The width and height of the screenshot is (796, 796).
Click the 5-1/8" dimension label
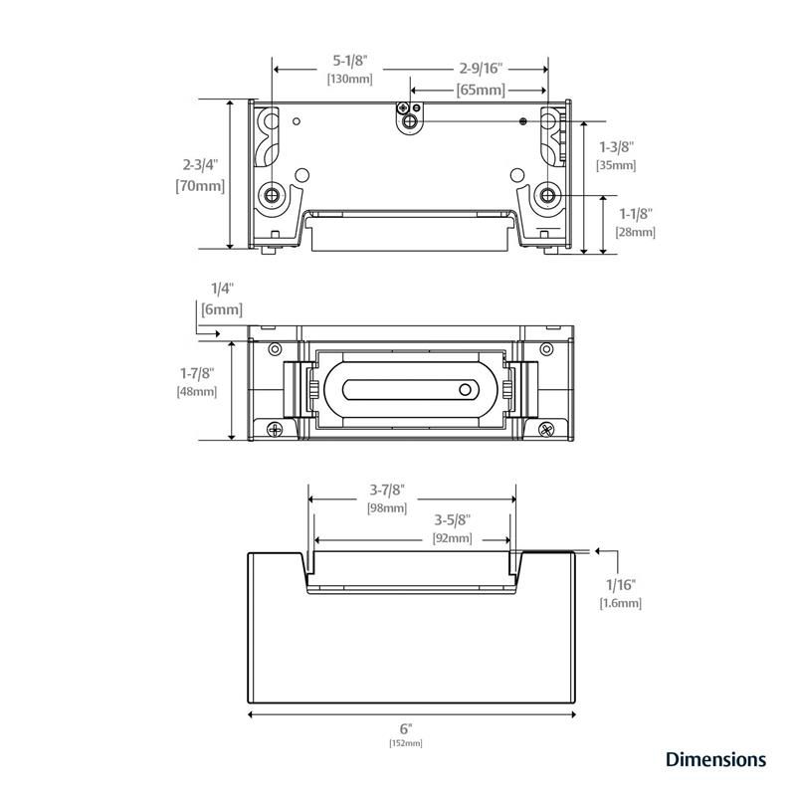coord(350,61)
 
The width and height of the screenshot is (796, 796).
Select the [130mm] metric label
coord(350,79)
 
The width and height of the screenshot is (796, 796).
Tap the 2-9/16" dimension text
coord(481,68)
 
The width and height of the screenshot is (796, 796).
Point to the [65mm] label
coord(481,90)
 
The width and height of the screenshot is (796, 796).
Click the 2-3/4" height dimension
coord(200,164)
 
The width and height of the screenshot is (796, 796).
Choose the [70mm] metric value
coord(200,186)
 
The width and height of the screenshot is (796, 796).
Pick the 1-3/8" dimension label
coord(617,147)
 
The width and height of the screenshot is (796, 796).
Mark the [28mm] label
coord(636,232)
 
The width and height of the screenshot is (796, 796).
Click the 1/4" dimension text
coord(222,289)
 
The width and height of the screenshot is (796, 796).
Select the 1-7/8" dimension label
coord(197,373)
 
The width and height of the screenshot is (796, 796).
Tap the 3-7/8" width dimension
coord(387,490)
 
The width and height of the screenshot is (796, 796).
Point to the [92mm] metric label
coord(453,537)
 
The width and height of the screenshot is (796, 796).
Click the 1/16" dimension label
coord(620,585)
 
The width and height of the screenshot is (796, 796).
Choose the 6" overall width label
coord(406,729)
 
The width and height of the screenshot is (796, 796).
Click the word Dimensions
coord(715,759)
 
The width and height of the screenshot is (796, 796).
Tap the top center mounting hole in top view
coord(410,121)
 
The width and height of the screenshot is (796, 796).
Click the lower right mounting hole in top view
coord(547,195)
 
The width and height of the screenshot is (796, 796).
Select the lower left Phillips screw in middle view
coord(275,430)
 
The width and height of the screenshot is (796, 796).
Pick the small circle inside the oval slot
coord(465,390)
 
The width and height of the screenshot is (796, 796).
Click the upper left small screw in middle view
coord(275,349)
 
